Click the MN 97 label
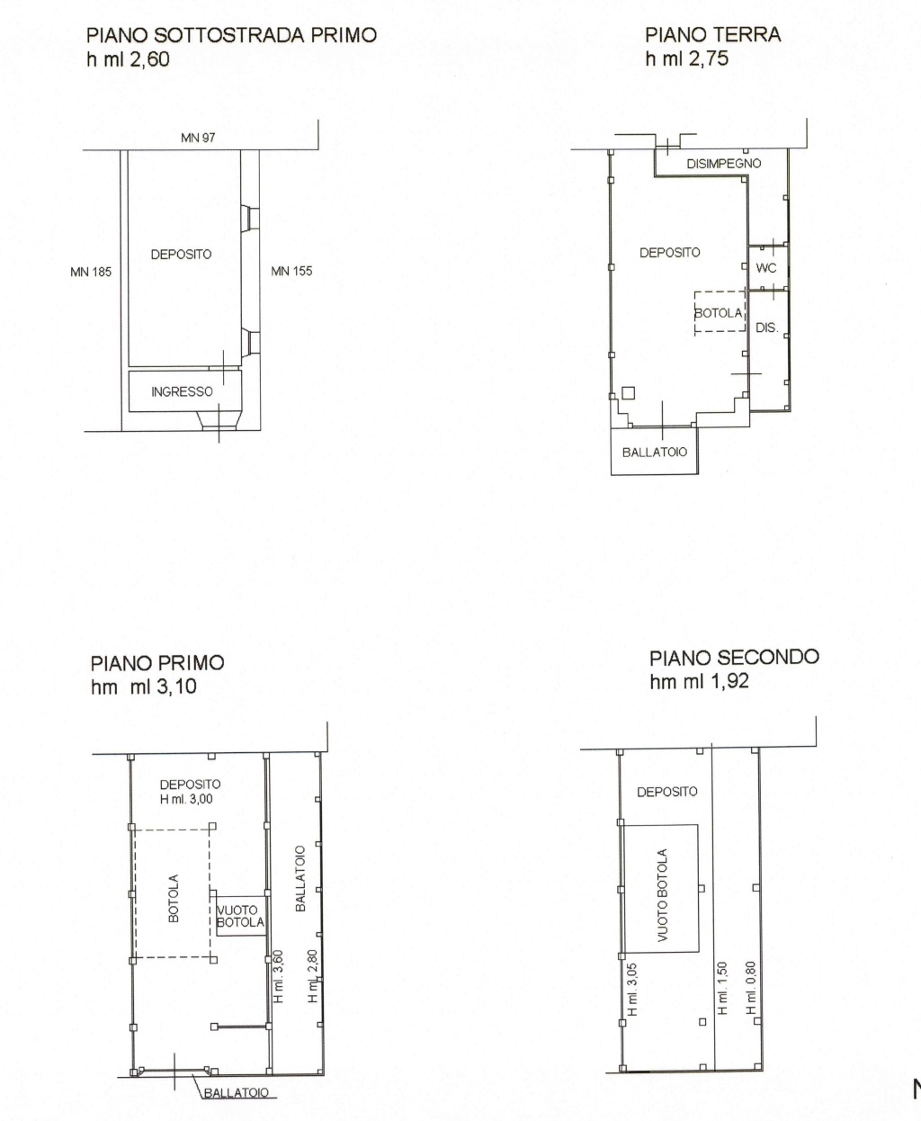pyautogui.click(x=198, y=138)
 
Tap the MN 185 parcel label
pyautogui.click(x=91, y=272)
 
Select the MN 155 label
pyautogui.click(x=291, y=271)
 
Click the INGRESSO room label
pyautogui.click(x=182, y=391)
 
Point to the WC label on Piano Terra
pyautogui.click(x=765, y=268)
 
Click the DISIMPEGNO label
pyautogui.click(x=724, y=164)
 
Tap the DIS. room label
pyautogui.click(x=766, y=328)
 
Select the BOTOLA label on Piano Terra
pyautogui.click(x=718, y=313)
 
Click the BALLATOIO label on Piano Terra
pyautogui.click(x=655, y=453)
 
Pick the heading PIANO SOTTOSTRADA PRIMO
pyautogui.click(x=232, y=35)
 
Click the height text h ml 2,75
pyautogui.click(x=686, y=58)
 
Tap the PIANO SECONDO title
pyautogui.click(x=734, y=658)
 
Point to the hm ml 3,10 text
pyautogui.click(x=144, y=686)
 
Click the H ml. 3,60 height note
pyautogui.click(x=279, y=976)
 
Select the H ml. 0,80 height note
pyautogui.click(x=751, y=988)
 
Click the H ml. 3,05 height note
pyautogui.click(x=632, y=990)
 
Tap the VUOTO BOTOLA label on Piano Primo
pyautogui.click(x=240, y=917)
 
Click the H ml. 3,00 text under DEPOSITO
pyautogui.click(x=186, y=799)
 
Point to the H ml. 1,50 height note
pyautogui.click(x=721, y=988)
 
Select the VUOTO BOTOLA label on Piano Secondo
pyautogui.click(x=662, y=895)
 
